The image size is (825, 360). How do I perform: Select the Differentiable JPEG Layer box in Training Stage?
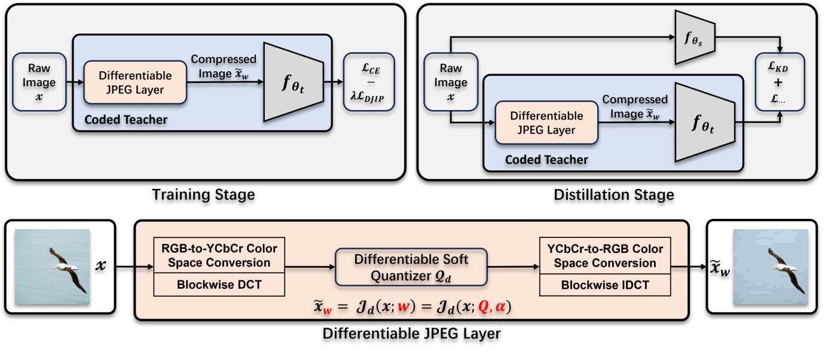click(135, 83)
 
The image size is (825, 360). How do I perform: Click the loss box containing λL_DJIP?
click(369, 83)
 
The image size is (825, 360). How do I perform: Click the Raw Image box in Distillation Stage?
click(451, 83)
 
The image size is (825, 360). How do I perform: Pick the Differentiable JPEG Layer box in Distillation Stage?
click(546, 123)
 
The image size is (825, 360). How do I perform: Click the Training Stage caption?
click(203, 194)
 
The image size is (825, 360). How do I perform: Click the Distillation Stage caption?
click(615, 194)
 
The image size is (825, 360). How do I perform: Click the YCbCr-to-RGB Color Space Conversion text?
click(605, 255)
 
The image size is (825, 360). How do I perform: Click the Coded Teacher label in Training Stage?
click(126, 120)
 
